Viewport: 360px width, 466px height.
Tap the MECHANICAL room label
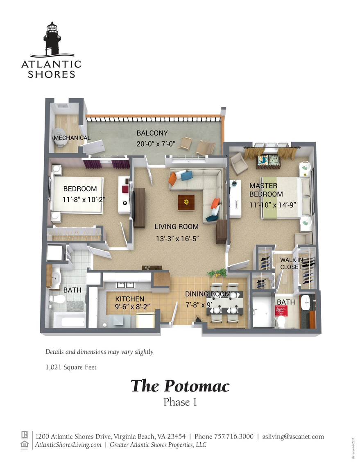coord(72,138)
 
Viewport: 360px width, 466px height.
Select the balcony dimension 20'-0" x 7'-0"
coord(156,144)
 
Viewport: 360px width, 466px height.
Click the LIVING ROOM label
coord(176,226)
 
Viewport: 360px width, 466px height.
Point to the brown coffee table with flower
coord(186,201)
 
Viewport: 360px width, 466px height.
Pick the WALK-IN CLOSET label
coord(291,263)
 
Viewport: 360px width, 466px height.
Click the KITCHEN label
coord(129,299)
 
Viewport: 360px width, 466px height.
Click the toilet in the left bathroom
coord(58,299)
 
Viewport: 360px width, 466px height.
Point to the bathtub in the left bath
coord(68,320)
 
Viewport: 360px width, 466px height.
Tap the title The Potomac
coord(180,386)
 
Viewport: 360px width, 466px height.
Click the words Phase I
coord(180,402)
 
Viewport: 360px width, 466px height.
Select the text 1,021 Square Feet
coord(71,367)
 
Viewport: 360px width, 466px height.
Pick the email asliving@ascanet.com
coord(293,436)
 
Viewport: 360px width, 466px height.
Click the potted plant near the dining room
coord(217,272)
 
